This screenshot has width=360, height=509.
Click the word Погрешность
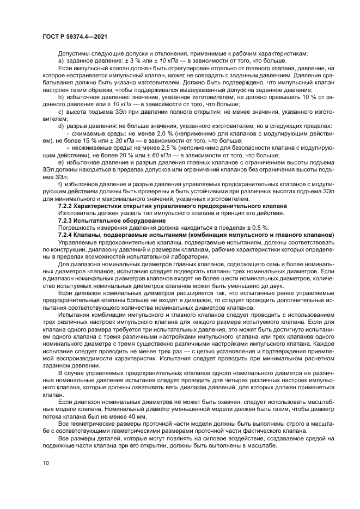(x=76, y=228)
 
